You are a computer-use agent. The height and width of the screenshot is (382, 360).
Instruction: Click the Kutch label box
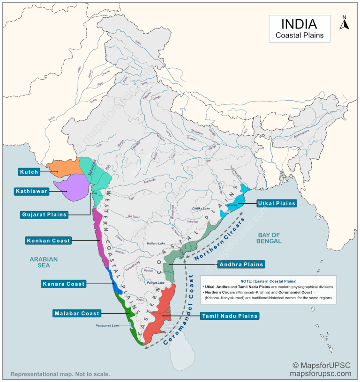(x=29, y=172)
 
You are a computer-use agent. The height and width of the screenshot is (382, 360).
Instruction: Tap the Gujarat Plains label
(x=45, y=215)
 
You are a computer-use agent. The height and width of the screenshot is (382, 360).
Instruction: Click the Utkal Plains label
(x=277, y=203)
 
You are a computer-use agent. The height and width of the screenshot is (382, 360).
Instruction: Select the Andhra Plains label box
(x=241, y=264)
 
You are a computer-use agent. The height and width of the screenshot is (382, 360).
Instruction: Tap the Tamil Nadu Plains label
(x=230, y=316)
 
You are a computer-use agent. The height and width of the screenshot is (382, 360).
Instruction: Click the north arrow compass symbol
(x=344, y=22)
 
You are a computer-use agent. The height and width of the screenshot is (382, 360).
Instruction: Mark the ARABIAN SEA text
(x=43, y=262)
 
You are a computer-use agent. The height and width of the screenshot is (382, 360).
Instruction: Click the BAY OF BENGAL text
(x=269, y=238)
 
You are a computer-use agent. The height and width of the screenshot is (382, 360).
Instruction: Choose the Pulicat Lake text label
(x=155, y=283)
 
